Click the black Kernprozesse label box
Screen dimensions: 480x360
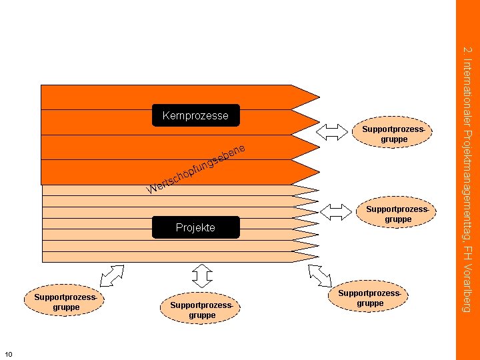point(196,115)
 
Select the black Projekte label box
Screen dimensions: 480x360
point(196,227)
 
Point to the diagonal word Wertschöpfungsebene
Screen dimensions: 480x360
point(196,169)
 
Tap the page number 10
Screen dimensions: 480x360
point(9,354)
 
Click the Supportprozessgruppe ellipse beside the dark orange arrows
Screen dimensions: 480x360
point(392,132)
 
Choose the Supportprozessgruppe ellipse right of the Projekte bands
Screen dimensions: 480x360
point(396,212)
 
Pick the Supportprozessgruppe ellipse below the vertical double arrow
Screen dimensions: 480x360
point(200,308)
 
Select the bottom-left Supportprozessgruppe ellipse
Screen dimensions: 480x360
point(64,300)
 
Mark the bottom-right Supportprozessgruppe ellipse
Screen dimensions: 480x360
point(368,296)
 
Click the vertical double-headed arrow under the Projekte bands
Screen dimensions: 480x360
point(202,276)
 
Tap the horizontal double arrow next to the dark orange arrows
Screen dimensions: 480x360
point(332,132)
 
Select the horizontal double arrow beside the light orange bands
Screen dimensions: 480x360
point(336,212)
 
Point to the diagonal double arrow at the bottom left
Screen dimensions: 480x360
point(112,276)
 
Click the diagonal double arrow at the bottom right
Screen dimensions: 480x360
point(320,276)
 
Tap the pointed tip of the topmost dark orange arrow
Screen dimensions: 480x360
point(320,97)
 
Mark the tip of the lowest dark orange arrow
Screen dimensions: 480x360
point(320,172)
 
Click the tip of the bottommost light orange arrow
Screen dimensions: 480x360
point(319,257)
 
